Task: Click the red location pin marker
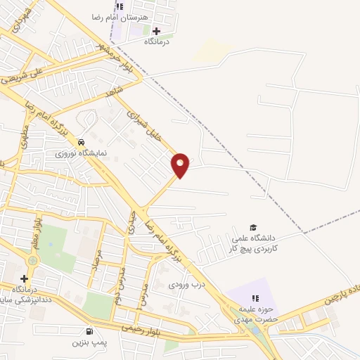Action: (x=181, y=165)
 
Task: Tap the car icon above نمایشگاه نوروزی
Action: (x=82, y=141)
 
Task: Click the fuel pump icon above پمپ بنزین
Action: (x=89, y=331)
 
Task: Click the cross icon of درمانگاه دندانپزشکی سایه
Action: (x=25, y=279)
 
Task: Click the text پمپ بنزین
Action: (x=89, y=343)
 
